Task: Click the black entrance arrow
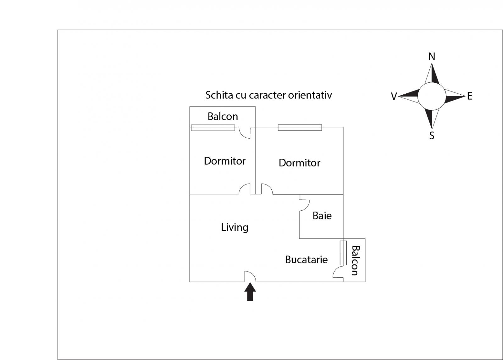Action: pos(250,292)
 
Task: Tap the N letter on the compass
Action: pos(432,57)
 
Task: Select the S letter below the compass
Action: pos(432,136)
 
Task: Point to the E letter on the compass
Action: pos(470,96)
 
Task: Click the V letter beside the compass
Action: pos(394,97)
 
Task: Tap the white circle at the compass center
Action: pos(432,96)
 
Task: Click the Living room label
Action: pos(235,227)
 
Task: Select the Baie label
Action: pos(322,216)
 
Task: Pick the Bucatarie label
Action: pos(306,260)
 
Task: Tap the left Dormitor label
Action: pos(224,161)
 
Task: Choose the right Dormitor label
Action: pos(299,163)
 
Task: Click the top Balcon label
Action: pos(223,117)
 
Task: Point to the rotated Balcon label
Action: pos(355,260)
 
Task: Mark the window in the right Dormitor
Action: pos(300,127)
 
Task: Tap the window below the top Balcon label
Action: pos(213,128)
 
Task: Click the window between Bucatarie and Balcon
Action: pos(343,253)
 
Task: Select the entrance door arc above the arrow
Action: pos(251,276)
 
